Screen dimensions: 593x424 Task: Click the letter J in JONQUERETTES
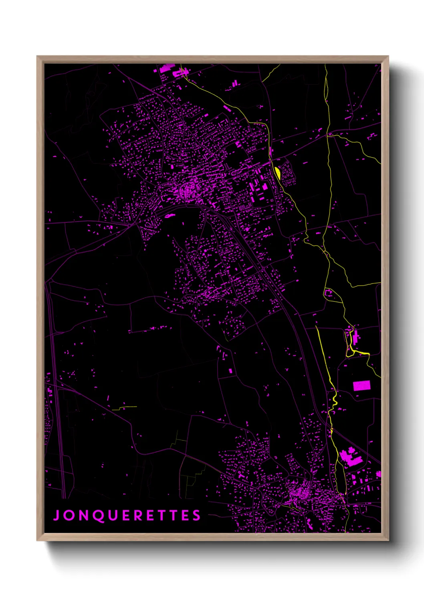point(57,515)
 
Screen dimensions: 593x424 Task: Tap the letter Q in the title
point(99,516)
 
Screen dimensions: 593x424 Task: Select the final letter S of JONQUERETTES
point(196,515)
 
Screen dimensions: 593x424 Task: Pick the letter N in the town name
point(83,515)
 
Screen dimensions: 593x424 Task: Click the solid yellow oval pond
point(277,173)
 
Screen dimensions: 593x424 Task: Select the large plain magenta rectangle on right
point(361,385)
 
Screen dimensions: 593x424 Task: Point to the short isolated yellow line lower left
point(124,408)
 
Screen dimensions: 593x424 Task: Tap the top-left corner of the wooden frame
point(38,57)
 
